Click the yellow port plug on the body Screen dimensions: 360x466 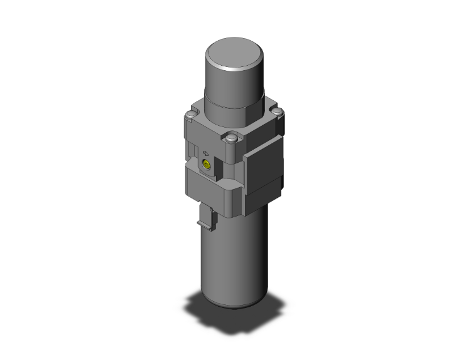tap(205, 165)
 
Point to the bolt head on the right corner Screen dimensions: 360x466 tap(277, 113)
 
